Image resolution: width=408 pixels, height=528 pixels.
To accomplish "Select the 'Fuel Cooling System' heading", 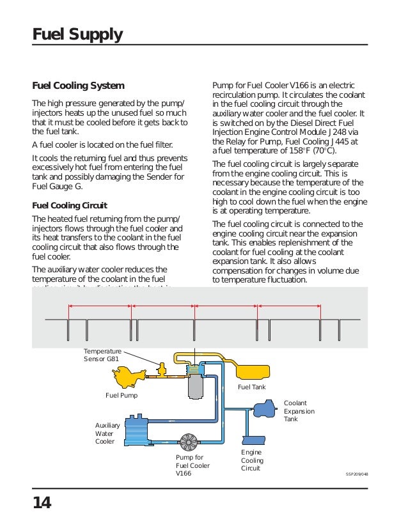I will click(x=78, y=86).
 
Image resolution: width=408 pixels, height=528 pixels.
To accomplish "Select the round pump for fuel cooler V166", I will click(x=189, y=442).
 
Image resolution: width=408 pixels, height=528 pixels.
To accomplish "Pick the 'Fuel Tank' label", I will click(x=251, y=388).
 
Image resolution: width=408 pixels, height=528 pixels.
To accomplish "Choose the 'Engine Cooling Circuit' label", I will click(x=251, y=460).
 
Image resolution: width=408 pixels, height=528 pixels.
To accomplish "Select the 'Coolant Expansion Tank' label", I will click(x=295, y=411).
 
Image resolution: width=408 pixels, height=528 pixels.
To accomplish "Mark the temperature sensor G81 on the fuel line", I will click(x=161, y=369).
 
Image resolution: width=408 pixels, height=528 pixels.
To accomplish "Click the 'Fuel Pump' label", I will click(x=121, y=395).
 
